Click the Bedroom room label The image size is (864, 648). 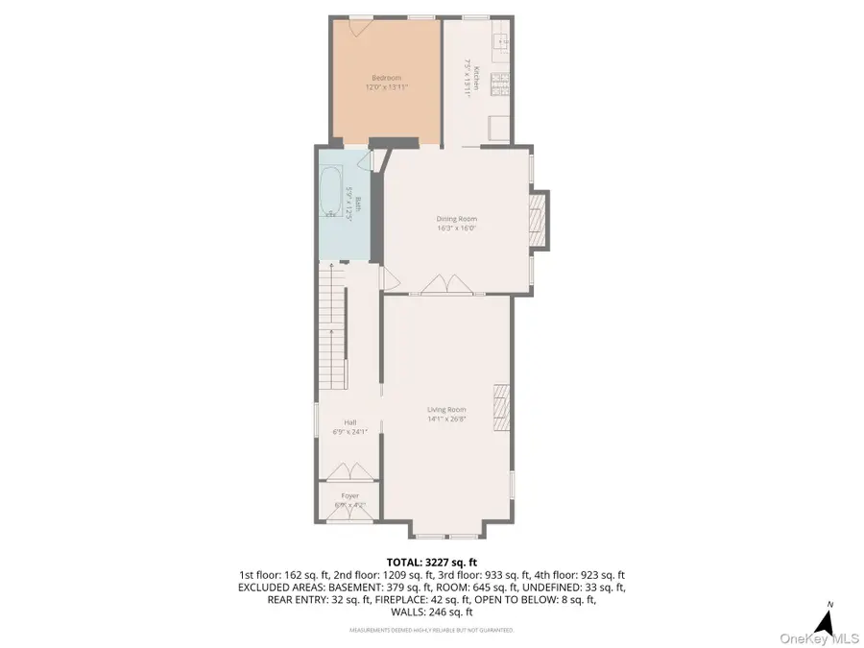pos(387,77)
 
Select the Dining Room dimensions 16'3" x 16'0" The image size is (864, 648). pos(456,229)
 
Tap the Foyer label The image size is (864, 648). pos(349,495)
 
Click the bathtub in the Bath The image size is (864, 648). pos(333,192)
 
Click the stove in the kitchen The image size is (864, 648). pos(499,84)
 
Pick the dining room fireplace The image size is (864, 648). pos(539,219)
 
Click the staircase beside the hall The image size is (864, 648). pos(332,326)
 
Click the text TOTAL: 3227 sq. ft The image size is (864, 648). pos(431,563)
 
